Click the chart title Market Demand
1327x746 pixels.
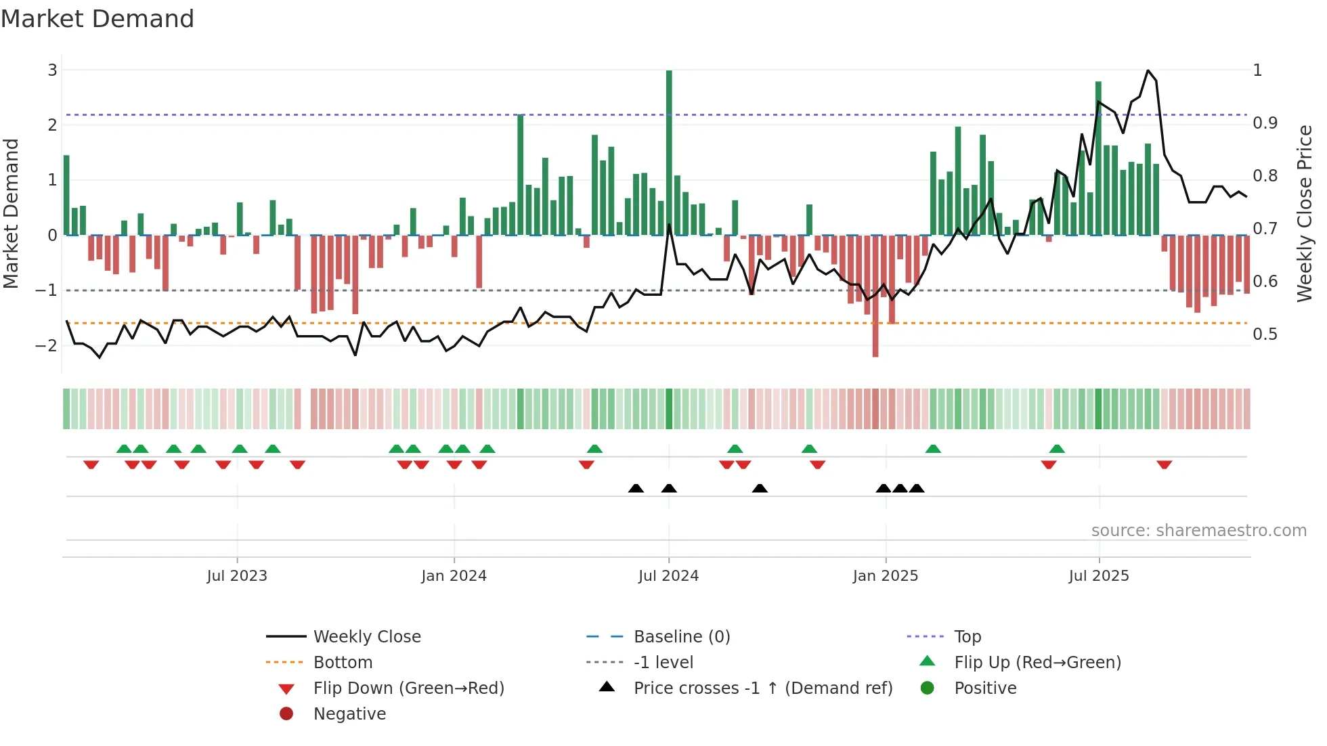(97, 19)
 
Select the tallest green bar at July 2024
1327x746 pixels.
(669, 152)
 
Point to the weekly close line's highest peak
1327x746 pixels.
(1148, 71)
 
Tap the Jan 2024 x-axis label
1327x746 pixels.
(454, 576)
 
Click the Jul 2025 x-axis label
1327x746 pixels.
(1099, 576)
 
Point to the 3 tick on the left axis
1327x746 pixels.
(52, 70)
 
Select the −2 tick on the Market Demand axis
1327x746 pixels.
(46, 345)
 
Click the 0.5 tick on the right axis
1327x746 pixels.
(1265, 334)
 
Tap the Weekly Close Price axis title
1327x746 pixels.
(1305, 213)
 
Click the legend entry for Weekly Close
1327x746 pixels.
(366, 637)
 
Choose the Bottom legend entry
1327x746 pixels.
(343, 663)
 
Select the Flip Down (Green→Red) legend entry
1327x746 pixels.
(408, 688)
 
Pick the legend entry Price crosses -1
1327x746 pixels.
(762, 688)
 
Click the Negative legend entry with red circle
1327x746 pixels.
(349, 714)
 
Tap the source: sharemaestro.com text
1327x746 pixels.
(1198, 531)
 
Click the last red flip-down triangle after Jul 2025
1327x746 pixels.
(1165, 464)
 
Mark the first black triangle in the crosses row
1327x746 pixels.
(636, 488)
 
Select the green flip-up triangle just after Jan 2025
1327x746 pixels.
(933, 449)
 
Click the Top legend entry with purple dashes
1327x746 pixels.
(967, 637)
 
